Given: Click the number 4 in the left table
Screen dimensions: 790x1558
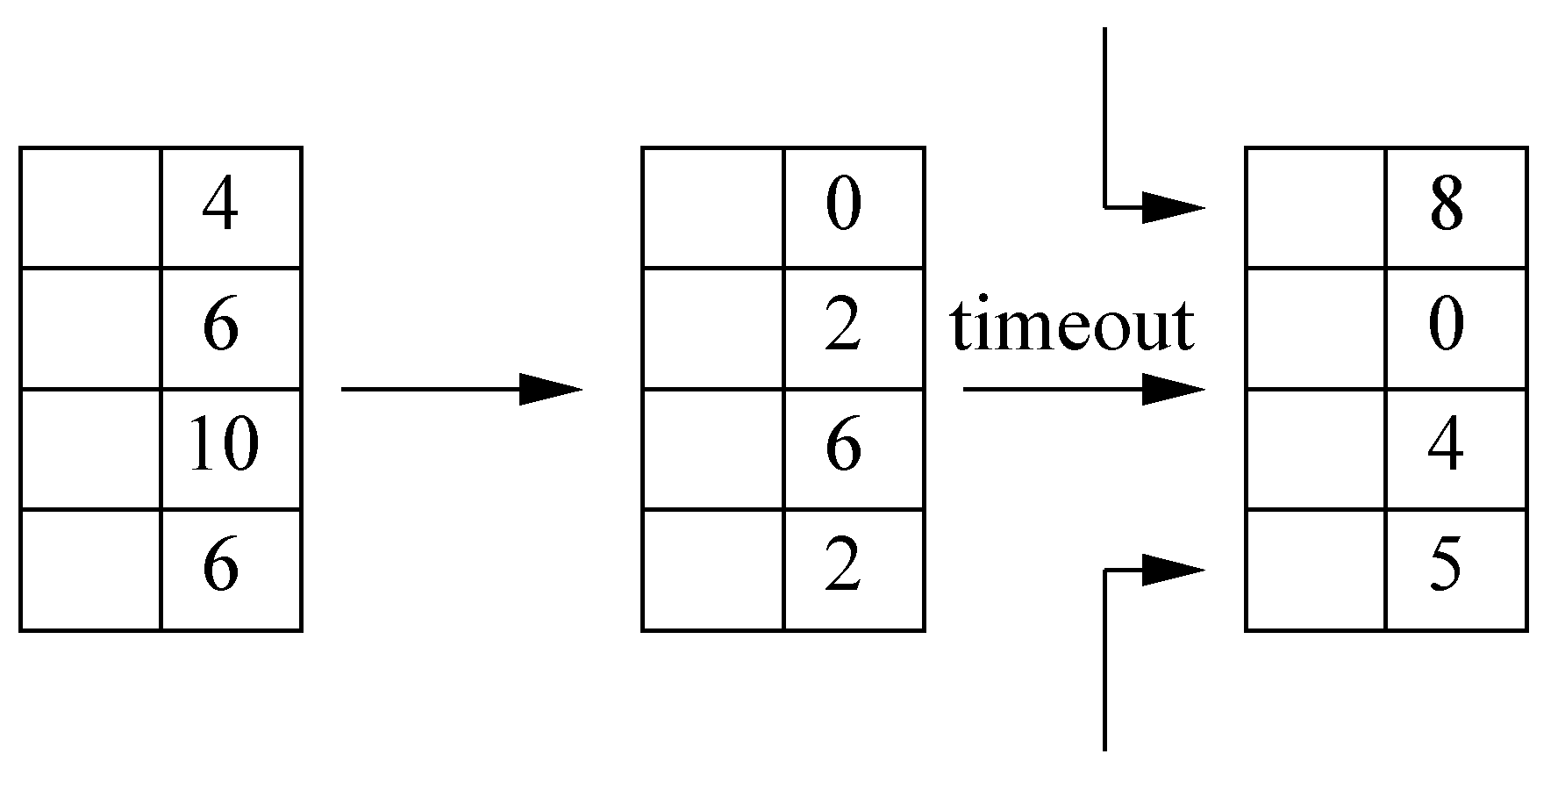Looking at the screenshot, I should tap(220, 207).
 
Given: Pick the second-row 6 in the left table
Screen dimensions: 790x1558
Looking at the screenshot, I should tap(220, 327).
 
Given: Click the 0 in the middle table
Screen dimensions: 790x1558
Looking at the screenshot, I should tap(843, 207).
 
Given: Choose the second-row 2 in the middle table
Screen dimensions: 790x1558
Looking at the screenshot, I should tap(843, 327).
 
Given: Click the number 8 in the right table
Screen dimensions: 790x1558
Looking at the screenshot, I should tap(1446, 207).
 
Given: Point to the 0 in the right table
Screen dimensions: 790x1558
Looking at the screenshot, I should tap(1446, 327).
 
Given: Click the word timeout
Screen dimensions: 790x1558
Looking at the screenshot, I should tap(1072, 327).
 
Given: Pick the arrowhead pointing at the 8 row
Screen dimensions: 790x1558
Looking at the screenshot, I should tap(1172, 208).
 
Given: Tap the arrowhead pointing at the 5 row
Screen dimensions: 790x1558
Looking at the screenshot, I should tap(1172, 570).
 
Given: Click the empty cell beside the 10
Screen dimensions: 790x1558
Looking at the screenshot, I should tap(90, 448).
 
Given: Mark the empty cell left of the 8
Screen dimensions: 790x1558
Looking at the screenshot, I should tap(1316, 207).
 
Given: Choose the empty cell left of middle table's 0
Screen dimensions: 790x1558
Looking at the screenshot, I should tap(712, 207).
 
